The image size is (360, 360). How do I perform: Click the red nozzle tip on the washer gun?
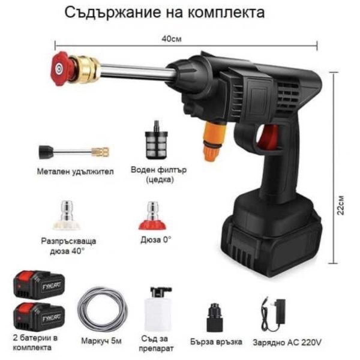pos(60,68)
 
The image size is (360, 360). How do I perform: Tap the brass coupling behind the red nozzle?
pos(85,69)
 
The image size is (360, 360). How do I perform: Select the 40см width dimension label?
pos(171,39)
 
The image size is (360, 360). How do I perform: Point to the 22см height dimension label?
pos(341,205)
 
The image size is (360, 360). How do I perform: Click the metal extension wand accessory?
pos(74,152)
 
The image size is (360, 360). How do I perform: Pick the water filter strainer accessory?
pos(157,140)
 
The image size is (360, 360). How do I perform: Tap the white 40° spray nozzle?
pos(67,215)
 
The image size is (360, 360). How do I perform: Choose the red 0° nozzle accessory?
pos(152,215)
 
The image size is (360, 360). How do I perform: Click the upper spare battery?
pos(39,285)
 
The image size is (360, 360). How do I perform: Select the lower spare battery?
pos(39,317)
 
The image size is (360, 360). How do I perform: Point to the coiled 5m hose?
pos(103,309)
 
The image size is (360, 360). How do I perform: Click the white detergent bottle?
pos(158,309)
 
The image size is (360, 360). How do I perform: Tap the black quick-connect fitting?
pos(215,317)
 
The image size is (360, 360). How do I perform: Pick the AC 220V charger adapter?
pos(274,314)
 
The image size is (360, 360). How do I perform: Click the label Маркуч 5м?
pos(101,341)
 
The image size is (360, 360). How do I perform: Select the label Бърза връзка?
pos(216,342)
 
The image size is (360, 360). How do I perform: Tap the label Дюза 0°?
pos(156,240)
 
